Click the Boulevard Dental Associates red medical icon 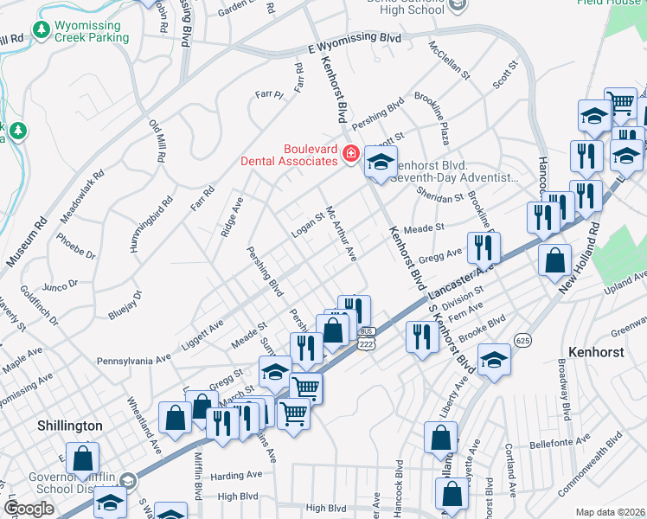coord(351,154)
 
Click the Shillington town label coord(70,426)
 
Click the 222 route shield coord(367,343)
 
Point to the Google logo coord(29,509)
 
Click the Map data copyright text coord(610,512)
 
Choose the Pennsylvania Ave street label coord(134,359)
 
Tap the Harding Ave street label coord(235,475)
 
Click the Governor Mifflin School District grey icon coord(127,480)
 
